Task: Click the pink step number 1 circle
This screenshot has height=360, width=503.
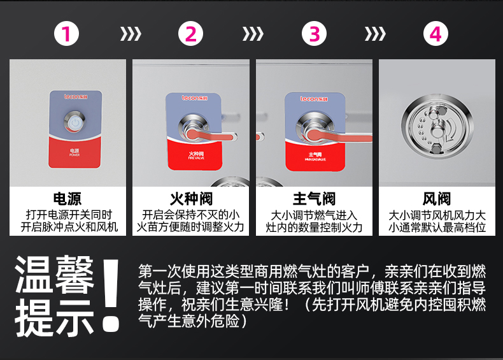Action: pyautogui.click(x=67, y=34)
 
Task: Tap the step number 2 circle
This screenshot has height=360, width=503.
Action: pyautogui.click(x=190, y=34)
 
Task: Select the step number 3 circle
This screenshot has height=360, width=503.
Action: pyautogui.click(x=313, y=34)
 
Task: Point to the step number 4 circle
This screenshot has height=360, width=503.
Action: pyautogui.click(x=436, y=34)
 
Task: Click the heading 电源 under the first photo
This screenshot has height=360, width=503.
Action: pyautogui.click(x=67, y=199)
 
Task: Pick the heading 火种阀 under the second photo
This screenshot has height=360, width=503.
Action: pyautogui.click(x=190, y=199)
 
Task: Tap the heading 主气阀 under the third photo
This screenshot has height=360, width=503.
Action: pyautogui.click(x=313, y=199)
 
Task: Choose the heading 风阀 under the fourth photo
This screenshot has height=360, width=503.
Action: pyautogui.click(x=436, y=199)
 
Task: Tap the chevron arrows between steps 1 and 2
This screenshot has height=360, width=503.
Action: pyautogui.click(x=131, y=34)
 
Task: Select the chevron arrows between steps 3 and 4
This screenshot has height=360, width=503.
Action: pyautogui.click(x=375, y=34)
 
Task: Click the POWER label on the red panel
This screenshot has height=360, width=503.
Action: pyautogui.click(x=74, y=153)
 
